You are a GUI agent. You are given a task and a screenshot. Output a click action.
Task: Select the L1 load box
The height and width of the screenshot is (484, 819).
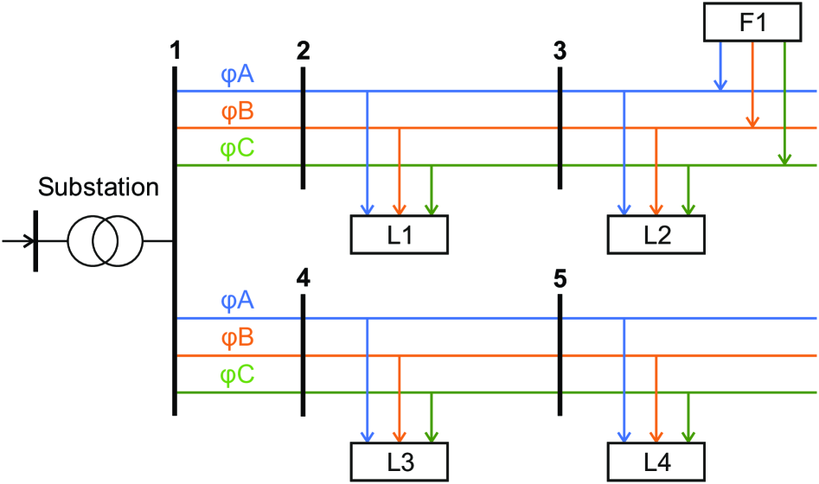point(399,234)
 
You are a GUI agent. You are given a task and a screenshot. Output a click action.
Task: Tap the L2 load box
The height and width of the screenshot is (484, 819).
point(656,234)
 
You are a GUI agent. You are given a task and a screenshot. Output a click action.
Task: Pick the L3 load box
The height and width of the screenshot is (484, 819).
point(399,462)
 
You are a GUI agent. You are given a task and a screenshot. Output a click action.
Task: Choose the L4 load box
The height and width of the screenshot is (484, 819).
point(656,462)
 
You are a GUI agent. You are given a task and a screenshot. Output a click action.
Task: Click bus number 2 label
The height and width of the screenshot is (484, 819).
point(303,52)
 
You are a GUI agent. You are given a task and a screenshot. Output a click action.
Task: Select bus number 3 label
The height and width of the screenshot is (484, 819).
point(560,52)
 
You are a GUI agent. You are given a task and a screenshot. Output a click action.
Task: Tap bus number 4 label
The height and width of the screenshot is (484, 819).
point(303,279)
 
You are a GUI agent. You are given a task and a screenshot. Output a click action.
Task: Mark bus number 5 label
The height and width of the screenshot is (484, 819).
point(560,279)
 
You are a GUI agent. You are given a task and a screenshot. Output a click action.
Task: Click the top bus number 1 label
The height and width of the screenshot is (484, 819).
point(176,52)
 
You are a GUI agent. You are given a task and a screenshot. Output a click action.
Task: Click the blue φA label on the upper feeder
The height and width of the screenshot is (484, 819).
point(237,76)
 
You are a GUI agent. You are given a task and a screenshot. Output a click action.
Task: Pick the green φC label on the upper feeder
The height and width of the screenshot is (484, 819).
point(237,150)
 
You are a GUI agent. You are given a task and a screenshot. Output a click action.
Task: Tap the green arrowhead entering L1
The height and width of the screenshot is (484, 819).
point(431,208)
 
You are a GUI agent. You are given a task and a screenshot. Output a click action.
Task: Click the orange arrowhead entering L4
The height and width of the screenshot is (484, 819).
point(656,436)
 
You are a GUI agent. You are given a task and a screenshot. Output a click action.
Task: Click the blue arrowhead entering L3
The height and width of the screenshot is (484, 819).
point(368,436)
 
